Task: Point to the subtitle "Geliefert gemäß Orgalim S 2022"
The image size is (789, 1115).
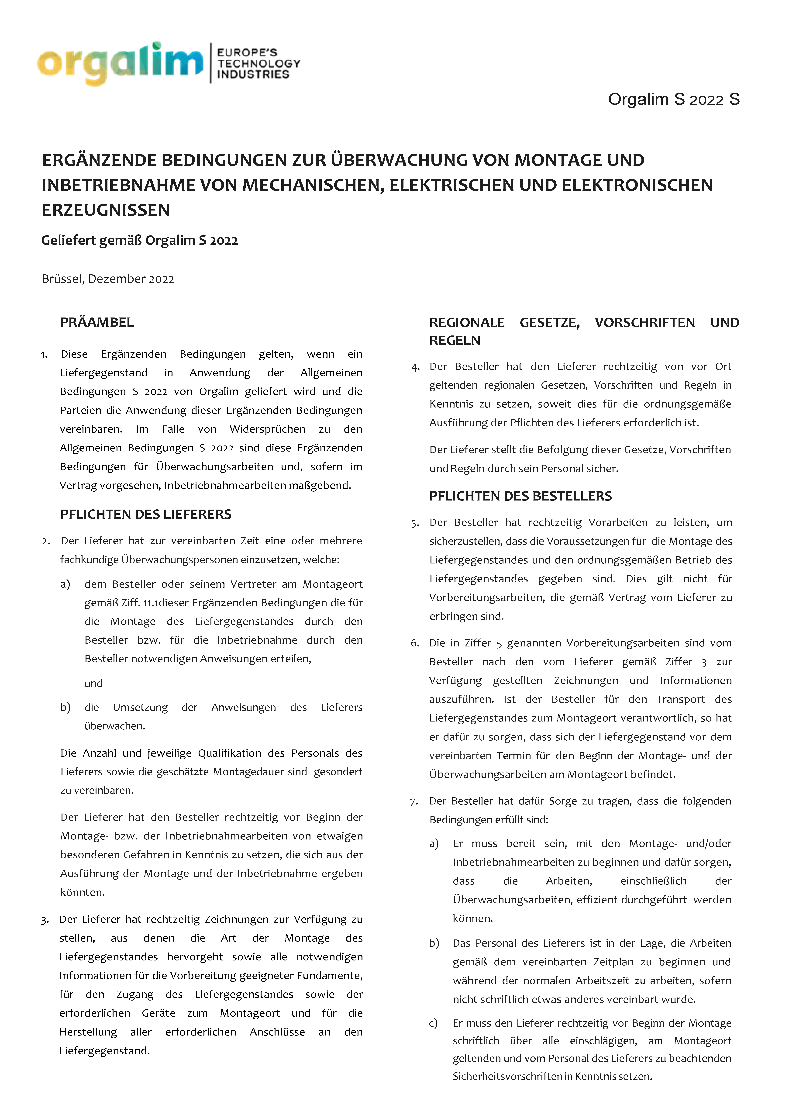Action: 139,241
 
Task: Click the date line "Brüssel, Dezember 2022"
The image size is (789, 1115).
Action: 108,279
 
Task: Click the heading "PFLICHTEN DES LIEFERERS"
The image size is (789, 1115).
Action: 146,514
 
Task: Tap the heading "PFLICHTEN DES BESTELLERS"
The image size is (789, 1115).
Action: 520,496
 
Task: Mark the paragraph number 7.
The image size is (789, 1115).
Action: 414,802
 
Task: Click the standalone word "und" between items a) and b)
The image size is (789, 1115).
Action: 93,683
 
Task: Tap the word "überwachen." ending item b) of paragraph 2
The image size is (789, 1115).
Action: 115,726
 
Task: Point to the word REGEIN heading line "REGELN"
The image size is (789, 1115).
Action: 455,341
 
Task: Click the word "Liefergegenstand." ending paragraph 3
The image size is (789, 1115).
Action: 104,1051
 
